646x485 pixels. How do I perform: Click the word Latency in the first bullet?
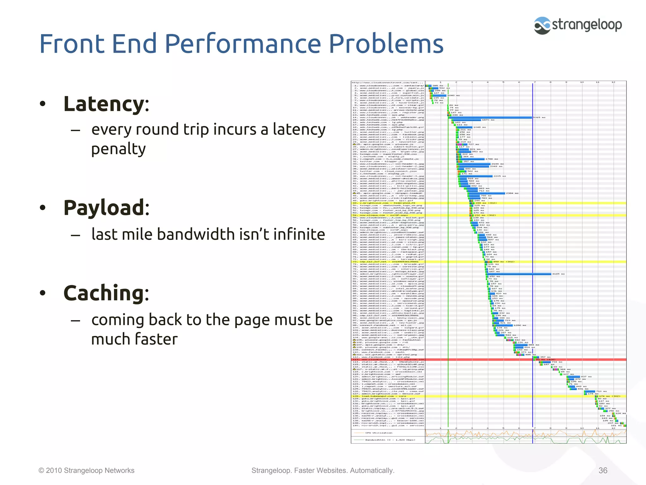[x=104, y=104]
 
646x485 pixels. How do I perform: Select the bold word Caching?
[x=104, y=293]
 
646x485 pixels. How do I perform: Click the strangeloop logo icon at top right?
[x=542, y=25]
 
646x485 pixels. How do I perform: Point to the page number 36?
[x=603, y=470]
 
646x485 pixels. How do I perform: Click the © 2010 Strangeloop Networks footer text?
[x=86, y=470]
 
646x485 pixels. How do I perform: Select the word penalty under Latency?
[x=119, y=149]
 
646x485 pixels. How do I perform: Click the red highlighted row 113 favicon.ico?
[x=388, y=360]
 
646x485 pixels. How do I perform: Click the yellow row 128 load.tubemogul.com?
[x=388, y=396]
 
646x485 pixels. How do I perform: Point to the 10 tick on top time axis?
[x=582, y=82]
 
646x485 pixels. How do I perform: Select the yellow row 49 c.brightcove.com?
[x=388, y=203]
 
